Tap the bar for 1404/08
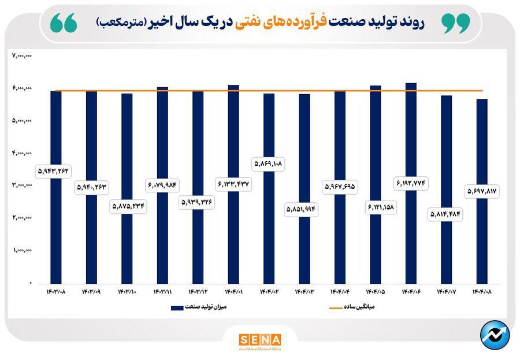(x=482, y=243)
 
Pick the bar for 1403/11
(x=162, y=243)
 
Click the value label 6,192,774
(x=411, y=183)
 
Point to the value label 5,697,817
(x=482, y=190)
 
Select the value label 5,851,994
(x=304, y=209)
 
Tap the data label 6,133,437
(x=233, y=184)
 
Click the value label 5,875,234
(x=127, y=206)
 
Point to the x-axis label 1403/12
(x=198, y=292)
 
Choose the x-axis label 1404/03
(x=304, y=292)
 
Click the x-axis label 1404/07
(x=446, y=292)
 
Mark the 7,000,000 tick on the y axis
(x=21, y=55)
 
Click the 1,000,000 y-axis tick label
(x=21, y=250)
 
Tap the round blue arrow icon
(x=495, y=335)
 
